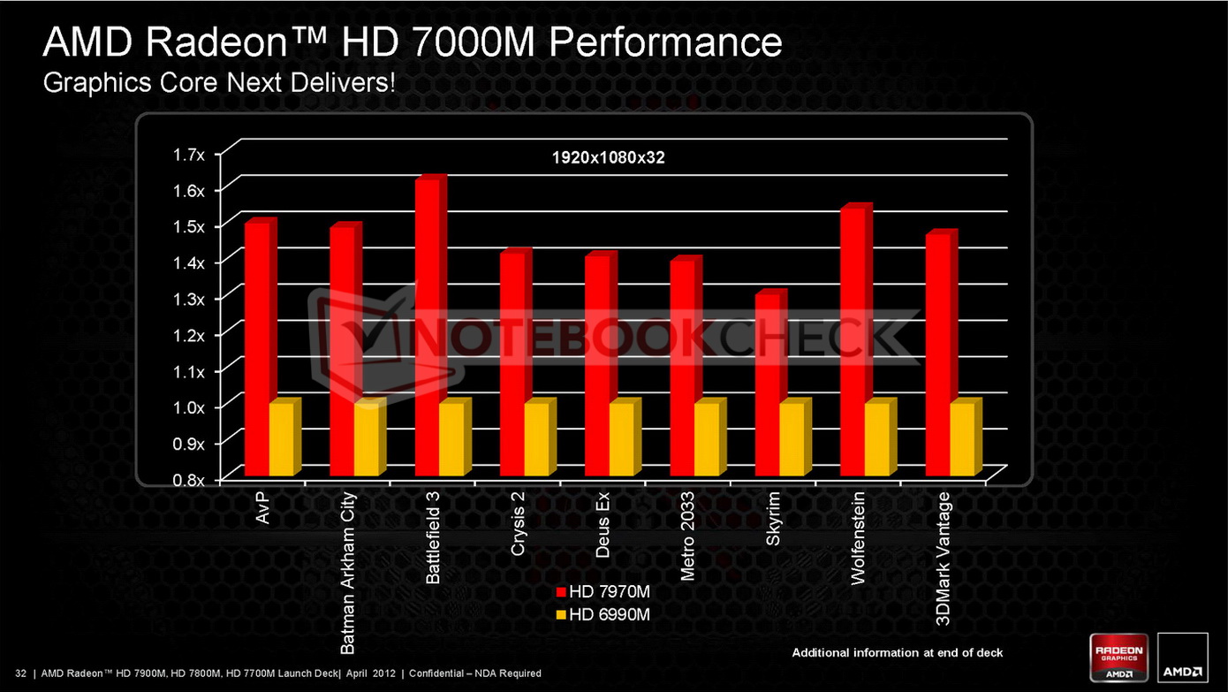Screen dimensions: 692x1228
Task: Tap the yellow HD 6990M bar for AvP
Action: (281, 439)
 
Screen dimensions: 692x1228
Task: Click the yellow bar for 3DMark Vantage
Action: (962, 439)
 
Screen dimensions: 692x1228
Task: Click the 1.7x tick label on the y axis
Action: (188, 156)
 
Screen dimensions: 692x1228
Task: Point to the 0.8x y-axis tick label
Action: (188, 480)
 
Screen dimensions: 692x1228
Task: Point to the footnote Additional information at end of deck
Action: (898, 653)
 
